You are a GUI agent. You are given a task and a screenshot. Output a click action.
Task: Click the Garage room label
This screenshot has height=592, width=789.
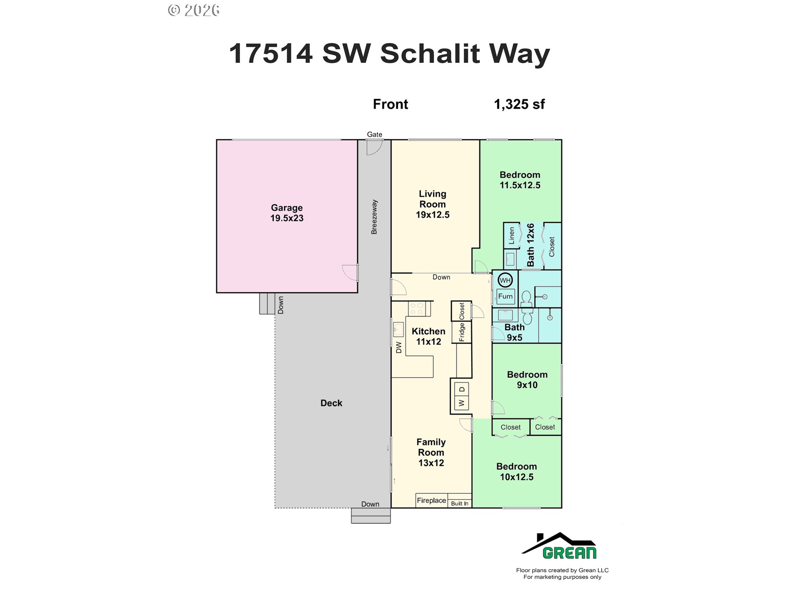tap(287, 213)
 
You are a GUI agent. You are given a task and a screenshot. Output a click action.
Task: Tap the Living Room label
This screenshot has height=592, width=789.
tap(432, 204)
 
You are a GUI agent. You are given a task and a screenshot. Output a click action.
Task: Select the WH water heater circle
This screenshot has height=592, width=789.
tap(505, 280)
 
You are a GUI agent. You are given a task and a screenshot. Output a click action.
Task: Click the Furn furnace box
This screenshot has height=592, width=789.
tap(505, 296)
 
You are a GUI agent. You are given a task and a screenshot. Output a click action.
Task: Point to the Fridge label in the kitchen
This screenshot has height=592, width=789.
tap(461, 332)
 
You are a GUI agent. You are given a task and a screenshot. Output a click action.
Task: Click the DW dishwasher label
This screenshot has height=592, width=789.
tap(399, 348)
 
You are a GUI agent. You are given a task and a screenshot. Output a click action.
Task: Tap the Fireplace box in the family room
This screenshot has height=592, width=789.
tap(431, 500)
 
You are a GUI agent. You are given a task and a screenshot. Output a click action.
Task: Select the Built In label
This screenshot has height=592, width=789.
tap(459, 504)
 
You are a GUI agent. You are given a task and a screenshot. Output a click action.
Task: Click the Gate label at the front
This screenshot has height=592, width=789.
tap(374, 134)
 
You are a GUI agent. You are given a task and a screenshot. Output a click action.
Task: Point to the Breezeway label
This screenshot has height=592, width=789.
tap(374, 217)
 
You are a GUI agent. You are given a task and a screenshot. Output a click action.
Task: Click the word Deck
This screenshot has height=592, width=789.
tap(331, 403)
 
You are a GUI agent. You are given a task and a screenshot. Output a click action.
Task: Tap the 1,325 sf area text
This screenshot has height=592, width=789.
tap(519, 104)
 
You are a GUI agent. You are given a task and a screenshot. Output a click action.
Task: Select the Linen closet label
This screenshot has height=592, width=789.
tap(512, 236)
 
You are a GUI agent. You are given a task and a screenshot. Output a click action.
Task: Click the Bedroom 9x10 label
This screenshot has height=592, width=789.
tap(527, 379)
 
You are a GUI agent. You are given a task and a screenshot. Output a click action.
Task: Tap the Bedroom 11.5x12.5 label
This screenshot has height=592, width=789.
tap(520, 180)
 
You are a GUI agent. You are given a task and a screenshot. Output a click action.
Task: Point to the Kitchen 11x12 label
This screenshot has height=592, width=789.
tap(429, 336)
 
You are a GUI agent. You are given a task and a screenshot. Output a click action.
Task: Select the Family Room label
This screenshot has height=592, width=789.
tap(431, 452)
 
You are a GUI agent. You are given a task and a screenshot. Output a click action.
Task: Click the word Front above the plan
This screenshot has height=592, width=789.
tap(390, 104)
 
